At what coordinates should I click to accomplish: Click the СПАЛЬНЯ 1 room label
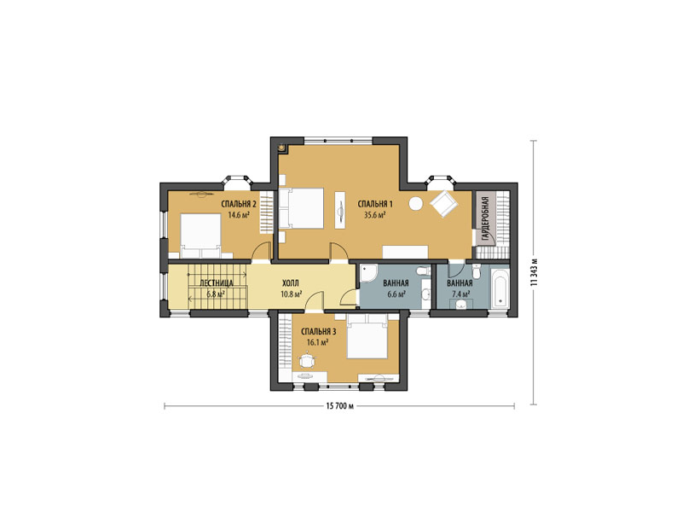375,204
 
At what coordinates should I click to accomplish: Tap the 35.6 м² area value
375,215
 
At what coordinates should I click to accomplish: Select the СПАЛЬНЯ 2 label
239,204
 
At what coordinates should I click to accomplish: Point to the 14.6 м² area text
239,214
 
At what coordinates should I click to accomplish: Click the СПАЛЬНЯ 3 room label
318,332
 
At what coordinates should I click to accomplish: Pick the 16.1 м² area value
317,343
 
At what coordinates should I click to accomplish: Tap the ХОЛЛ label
291,283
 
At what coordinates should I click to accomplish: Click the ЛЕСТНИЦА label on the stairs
217,283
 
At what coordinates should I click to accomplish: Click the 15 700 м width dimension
339,406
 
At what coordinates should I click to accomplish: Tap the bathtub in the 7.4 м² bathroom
500,288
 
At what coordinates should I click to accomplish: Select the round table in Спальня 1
415,203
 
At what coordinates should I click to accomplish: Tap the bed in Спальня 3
367,336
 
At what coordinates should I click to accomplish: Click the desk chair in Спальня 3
308,361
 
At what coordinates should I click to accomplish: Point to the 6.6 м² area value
396,294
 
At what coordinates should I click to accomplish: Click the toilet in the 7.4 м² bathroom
477,271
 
